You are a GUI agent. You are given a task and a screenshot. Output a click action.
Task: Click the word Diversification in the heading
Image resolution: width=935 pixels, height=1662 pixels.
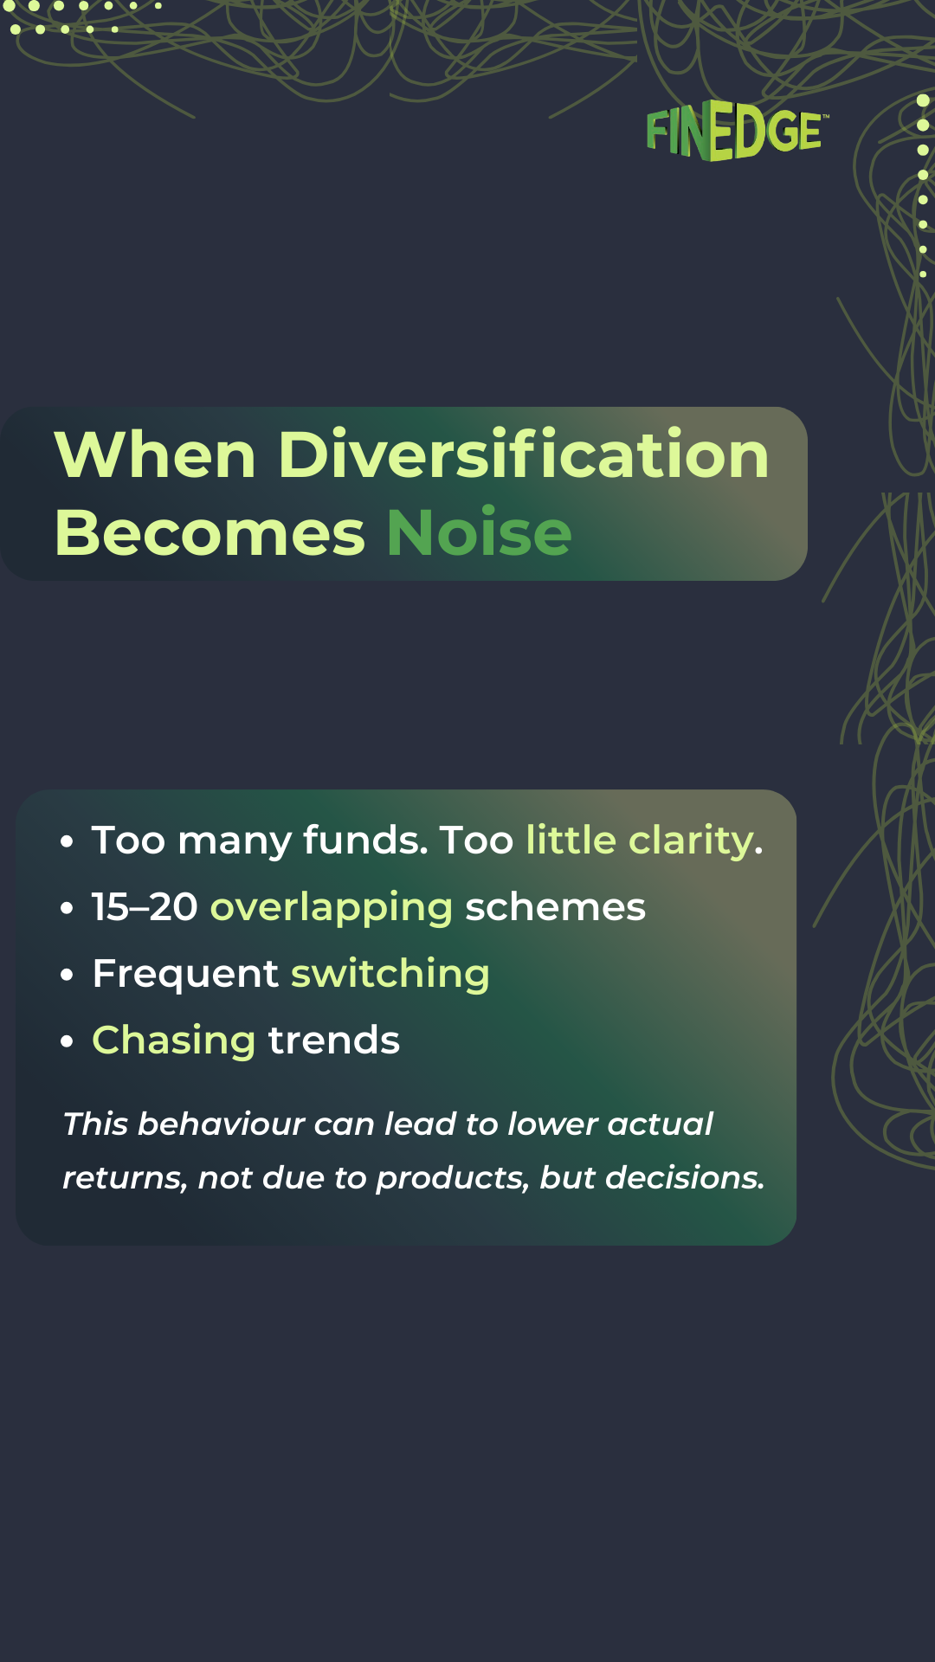[x=523, y=455]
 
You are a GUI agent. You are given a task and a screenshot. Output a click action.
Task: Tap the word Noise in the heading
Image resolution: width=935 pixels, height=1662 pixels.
[x=479, y=533]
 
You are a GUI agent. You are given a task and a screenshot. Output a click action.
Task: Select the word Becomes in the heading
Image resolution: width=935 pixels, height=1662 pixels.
[x=210, y=533]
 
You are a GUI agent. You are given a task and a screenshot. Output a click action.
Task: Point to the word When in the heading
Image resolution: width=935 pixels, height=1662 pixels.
[x=155, y=455]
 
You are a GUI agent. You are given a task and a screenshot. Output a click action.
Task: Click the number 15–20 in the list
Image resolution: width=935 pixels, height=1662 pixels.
[x=145, y=907]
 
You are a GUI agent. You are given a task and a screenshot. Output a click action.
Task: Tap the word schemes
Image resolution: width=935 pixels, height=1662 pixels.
[x=555, y=907]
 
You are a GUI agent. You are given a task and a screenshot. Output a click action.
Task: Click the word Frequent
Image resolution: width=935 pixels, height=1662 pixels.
[x=185, y=975]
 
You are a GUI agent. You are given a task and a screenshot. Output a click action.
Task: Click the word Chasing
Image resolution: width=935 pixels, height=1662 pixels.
[x=173, y=1041]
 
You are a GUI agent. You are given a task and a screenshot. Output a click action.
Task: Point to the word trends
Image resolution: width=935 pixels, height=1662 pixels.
[x=334, y=1040]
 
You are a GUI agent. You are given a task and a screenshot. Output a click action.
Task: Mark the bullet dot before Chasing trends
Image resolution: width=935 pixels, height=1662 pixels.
[x=67, y=1041]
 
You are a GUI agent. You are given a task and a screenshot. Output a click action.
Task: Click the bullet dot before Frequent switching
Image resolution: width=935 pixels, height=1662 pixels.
[x=67, y=975]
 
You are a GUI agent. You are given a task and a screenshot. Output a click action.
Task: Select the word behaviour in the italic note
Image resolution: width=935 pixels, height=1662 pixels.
[x=221, y=1124]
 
